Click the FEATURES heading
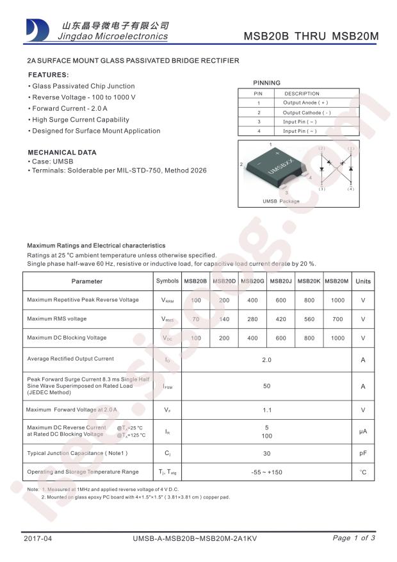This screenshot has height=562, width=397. click(48, 74)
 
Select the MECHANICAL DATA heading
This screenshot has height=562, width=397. click(61, 153)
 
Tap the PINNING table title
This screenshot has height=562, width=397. click(266, 83)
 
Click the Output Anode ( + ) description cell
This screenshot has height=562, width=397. click(305, 103)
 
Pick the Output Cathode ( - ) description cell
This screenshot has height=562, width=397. click(307, 112)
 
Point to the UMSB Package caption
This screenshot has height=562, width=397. click(280, 201)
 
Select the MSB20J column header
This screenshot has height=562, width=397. click(280, 281)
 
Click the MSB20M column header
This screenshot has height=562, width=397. click(337, 281)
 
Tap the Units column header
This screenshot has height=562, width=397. click(363, 281)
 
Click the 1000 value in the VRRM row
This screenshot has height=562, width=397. click(337, 301)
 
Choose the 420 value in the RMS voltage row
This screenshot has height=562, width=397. click(280, 319)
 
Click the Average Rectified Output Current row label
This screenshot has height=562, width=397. click(70, 359)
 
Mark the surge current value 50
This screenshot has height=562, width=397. click(266, 386)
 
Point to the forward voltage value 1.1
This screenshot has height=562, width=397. click(266, 410)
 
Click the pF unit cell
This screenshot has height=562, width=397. click(363, 453)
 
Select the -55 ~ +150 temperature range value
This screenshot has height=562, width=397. click(266, 472)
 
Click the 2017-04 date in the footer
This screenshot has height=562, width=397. click(36, 538)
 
